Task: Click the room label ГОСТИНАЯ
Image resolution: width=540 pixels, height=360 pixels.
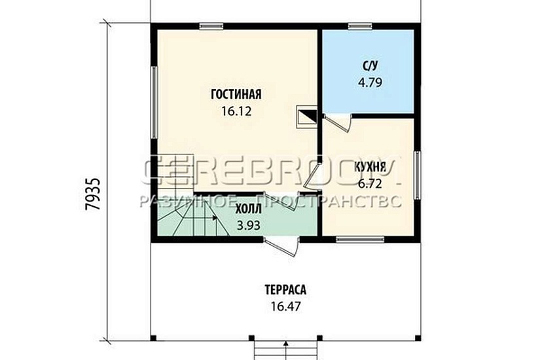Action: tap(236, 94)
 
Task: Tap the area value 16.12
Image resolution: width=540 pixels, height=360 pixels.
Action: tap(236, 111)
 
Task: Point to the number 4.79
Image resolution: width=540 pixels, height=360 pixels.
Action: tap(370, 82)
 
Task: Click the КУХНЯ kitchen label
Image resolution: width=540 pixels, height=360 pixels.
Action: tap(370, 167)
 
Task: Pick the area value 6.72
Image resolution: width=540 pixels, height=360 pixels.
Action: tap(370, 184)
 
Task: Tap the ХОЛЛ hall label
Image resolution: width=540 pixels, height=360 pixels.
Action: tap(248, 209)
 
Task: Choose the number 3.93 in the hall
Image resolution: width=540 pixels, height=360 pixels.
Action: tap(248, 225)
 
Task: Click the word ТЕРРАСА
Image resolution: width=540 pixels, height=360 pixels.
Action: tap(285, 290)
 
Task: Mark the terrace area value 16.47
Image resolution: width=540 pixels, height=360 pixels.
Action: tap(285, 306)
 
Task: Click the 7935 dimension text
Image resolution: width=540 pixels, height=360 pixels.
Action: tap(94, 194)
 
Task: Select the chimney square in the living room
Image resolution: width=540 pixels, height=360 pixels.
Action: tap(307, 117)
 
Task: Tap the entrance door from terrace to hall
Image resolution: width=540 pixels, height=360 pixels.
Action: tap(281, 246)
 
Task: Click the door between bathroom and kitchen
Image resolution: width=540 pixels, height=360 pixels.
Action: tap(338, 122)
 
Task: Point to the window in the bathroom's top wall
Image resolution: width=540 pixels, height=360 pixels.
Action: tap(360, 26)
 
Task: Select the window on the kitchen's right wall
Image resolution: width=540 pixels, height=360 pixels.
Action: tap(418, 175)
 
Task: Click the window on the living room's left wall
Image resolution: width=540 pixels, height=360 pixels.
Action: tap(154, 102)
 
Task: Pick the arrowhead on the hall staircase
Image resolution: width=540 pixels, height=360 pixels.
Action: tap(215, 218)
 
